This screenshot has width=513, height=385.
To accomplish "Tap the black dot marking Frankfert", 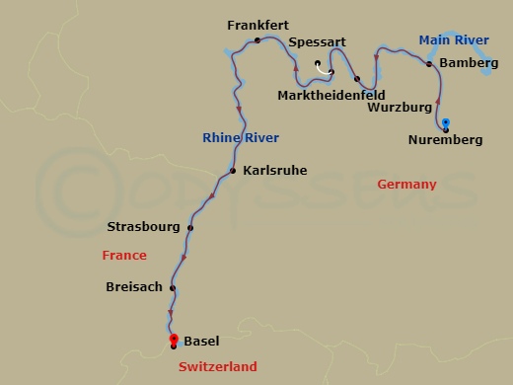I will [256, 40].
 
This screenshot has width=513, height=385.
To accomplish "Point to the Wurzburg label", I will [400, 106].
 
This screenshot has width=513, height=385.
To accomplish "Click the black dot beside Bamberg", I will [429, 63].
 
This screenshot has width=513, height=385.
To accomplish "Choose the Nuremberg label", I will [445, 140].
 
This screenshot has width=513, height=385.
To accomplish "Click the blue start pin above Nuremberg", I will [446, 123].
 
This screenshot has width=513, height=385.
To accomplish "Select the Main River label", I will [454, 40].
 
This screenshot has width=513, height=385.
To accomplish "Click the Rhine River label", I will [240, 137].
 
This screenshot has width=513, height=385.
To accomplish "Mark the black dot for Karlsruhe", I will [233, 171].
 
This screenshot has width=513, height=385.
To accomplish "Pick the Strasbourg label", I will [143, 227].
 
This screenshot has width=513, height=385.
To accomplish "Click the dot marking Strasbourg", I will [190, 228].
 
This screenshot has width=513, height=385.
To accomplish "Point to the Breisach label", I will [134, 288].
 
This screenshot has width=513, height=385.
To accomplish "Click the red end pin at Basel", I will [174, 340].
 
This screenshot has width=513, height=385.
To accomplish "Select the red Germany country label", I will [405, 185].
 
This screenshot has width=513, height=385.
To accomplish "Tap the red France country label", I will [124, 255].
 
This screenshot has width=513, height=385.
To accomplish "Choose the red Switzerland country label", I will [218, 366].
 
